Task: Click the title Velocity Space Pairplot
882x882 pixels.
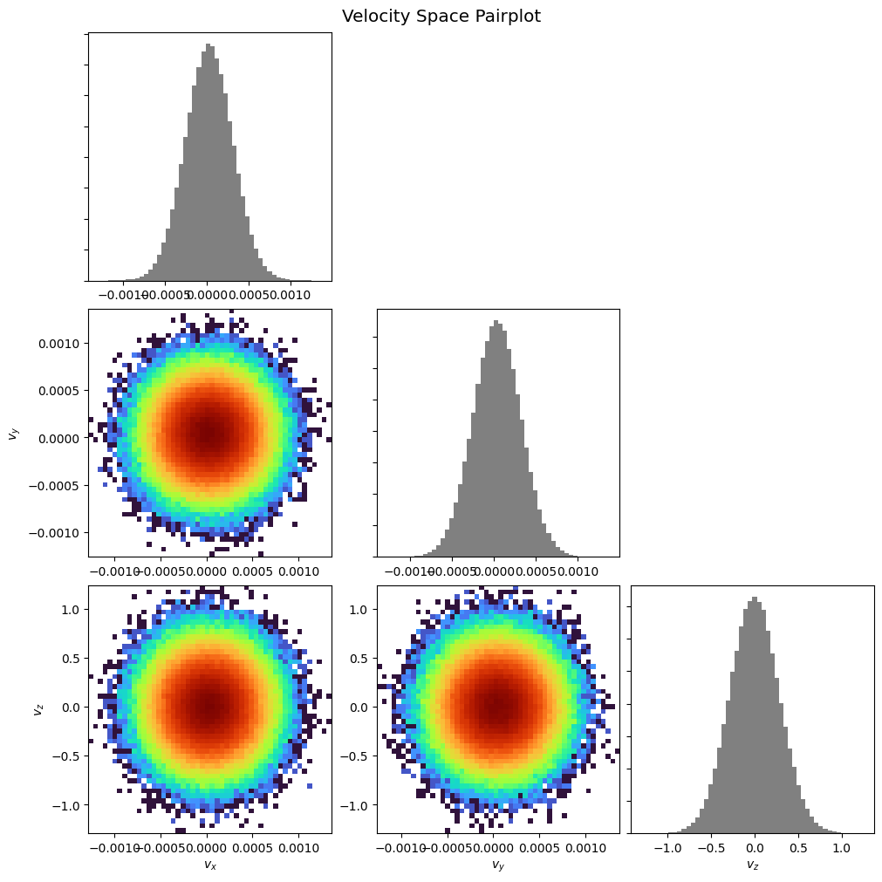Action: click(x=441, y=17)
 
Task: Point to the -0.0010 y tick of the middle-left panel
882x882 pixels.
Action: click(x=59, y=532)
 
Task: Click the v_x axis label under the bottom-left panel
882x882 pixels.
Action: click(x=209, y=865)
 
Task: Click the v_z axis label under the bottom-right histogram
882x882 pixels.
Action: click(x=752, y=865)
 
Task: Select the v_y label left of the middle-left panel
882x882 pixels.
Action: click(x=13, y=433)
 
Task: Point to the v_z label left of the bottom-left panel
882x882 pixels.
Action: click(x=38, y=708)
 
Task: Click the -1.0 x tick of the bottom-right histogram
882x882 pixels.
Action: click(x=667, y=846)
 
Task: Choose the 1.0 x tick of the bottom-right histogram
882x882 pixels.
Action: click(x=841, y=846)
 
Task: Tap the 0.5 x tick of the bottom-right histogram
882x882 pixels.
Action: click(x=797, y=846)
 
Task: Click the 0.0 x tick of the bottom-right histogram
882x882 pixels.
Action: click(x=754, y=846)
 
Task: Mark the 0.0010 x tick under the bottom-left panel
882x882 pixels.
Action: click(x=299, y=846)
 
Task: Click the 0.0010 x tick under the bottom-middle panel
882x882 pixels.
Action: click(x=585, y=846)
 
